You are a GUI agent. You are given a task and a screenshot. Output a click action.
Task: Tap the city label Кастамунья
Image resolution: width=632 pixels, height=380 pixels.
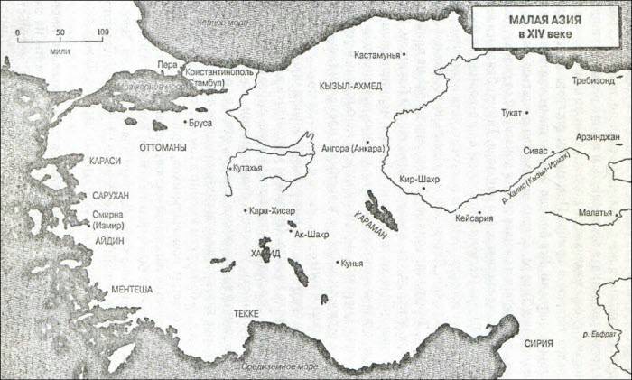pos(376,55)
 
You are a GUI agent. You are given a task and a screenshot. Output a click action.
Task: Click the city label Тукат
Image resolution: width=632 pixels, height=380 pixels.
pos(510,114)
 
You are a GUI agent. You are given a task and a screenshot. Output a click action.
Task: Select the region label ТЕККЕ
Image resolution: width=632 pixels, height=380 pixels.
pos(246,313)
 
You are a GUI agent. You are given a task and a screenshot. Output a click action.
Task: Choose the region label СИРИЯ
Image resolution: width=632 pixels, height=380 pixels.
pos(544,344)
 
